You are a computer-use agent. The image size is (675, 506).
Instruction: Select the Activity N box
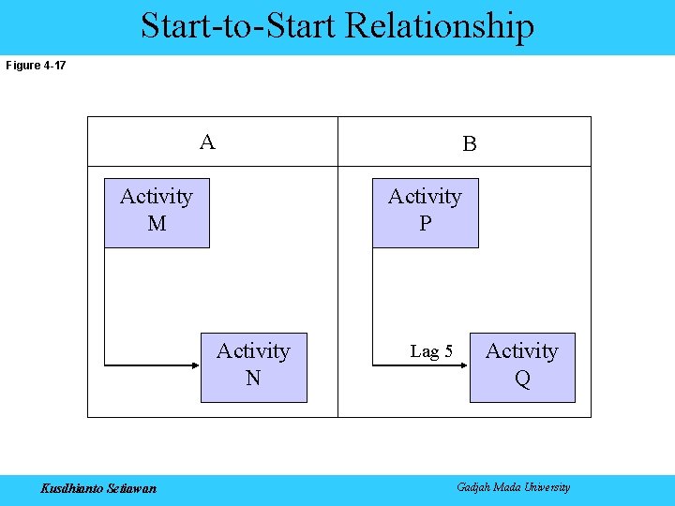tap(253, 367)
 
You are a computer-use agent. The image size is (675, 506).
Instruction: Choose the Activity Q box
tap(522, 367)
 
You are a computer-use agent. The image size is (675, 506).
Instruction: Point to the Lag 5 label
tap(431, 352)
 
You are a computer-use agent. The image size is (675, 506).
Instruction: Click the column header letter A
tap(207, 142)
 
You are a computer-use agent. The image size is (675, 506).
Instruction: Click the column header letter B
tap(470, 144)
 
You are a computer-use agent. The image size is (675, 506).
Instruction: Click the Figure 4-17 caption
tap(37, 66)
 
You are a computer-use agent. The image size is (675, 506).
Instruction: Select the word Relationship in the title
tap(440, 26)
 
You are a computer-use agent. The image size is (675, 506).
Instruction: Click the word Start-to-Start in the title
tap(239, 26)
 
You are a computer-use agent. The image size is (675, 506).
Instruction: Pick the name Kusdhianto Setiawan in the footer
tap(98, 488)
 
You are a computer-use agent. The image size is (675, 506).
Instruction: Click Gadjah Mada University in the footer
tap(513, 487)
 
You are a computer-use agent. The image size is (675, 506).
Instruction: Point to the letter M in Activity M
tap(157, 225)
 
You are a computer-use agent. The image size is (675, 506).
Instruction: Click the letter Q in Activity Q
tap(522, 379)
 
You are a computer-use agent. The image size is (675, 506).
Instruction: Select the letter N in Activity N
tap(253, 379)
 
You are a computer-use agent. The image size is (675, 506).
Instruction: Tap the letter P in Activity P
tap(426, 225)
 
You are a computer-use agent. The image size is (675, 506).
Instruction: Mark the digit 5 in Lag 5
tap(448, 352)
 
